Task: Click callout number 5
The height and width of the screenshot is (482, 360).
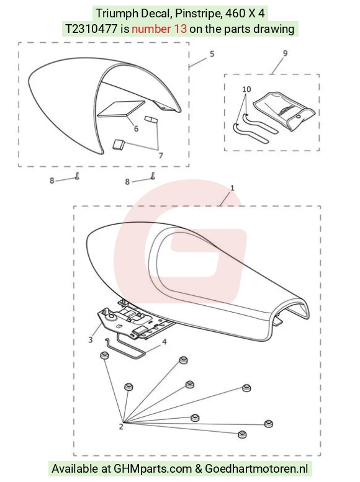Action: (x=212, y=54)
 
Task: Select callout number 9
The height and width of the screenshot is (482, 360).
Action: (x=286, y=53)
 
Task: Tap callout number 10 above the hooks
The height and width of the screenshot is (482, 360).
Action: (x=246, y=89)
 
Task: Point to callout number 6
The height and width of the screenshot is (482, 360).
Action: (x=136, y=128)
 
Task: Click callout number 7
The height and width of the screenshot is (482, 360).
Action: (x=161, y=156)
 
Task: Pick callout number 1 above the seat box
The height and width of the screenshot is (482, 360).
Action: (x=232, y=187)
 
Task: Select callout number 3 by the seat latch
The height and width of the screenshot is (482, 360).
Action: (x=90, y=340)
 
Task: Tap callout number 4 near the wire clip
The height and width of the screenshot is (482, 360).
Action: (x=164, y=342)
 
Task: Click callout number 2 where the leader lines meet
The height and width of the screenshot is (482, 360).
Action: (x=121, y=427)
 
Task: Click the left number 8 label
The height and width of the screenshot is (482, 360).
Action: (x=52, y=181)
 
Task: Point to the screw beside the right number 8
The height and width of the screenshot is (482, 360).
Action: (x=152, y=176)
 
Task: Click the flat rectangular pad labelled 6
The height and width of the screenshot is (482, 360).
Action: (x=121, y=109)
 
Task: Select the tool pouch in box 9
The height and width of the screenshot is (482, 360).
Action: (x=284, y=110)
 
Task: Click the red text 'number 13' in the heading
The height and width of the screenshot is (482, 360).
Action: (x=159, y=29)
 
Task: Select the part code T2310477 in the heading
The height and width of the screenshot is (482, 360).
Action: (x=91, y=29)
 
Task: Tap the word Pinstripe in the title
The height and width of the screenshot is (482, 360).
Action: (x=194, y=13)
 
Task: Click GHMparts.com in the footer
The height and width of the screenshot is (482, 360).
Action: (x=153, y=469)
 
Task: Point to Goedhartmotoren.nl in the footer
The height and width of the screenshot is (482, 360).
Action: (x=256, y=469)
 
